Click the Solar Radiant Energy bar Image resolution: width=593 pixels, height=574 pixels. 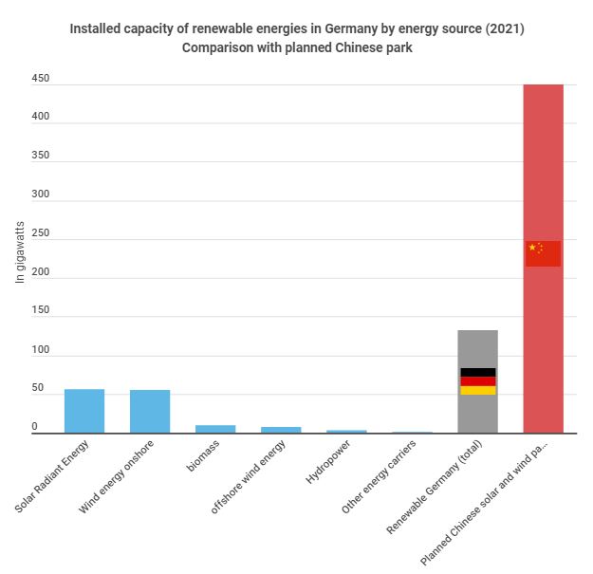pos(84,411)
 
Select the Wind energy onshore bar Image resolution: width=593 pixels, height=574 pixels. pos(150,412)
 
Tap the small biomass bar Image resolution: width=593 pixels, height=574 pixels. pos(215,429)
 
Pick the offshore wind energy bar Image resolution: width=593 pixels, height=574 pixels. pos(281,430)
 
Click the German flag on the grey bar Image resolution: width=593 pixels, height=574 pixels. pos(477,381)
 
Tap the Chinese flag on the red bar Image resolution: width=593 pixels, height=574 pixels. pos(543,253)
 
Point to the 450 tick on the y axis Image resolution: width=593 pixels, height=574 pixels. pos(40,79)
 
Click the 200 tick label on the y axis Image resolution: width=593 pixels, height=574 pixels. pos(40,273)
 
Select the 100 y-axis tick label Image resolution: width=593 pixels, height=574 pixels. pos(40,351)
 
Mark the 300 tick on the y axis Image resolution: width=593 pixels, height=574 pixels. pos(40,195)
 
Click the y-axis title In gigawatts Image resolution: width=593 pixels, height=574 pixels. pos(20,252)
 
